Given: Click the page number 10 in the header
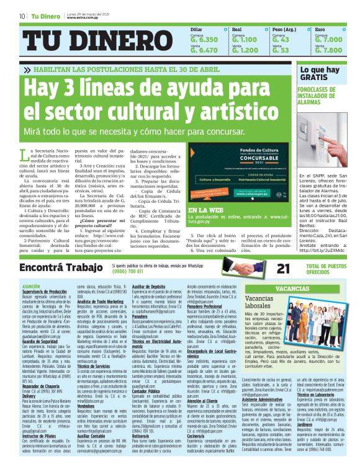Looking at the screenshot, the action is [22, 16].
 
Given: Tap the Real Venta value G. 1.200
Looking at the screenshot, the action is [245, 50].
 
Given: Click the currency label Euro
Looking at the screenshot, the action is [320, 29].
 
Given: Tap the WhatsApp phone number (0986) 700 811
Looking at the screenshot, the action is [130, 271].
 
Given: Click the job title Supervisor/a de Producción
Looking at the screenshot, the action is [44, 290].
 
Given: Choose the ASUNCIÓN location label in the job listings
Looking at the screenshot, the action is [31, 285].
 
